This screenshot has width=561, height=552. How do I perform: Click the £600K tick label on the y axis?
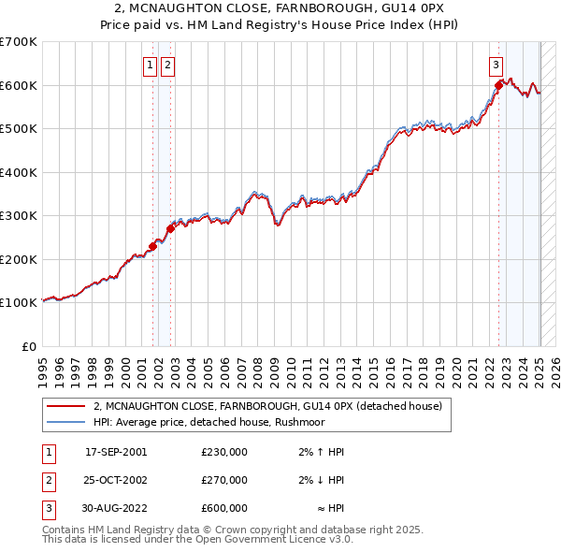click(19, 85)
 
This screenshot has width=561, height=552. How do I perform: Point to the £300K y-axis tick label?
click(19, 215)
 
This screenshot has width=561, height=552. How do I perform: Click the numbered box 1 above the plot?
click(150, 65)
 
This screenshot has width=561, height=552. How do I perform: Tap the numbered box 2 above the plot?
click(167, 65)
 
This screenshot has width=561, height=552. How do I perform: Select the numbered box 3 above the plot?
click(496, 65)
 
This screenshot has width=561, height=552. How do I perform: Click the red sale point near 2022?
click(498, 86)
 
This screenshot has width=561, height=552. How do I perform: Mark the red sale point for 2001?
click(152, 246)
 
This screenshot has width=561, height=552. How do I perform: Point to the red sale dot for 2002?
click(170, 228)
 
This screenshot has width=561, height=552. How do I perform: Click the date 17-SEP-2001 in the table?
click(116, 452)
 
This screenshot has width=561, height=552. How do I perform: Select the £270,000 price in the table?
click(223, 480)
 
